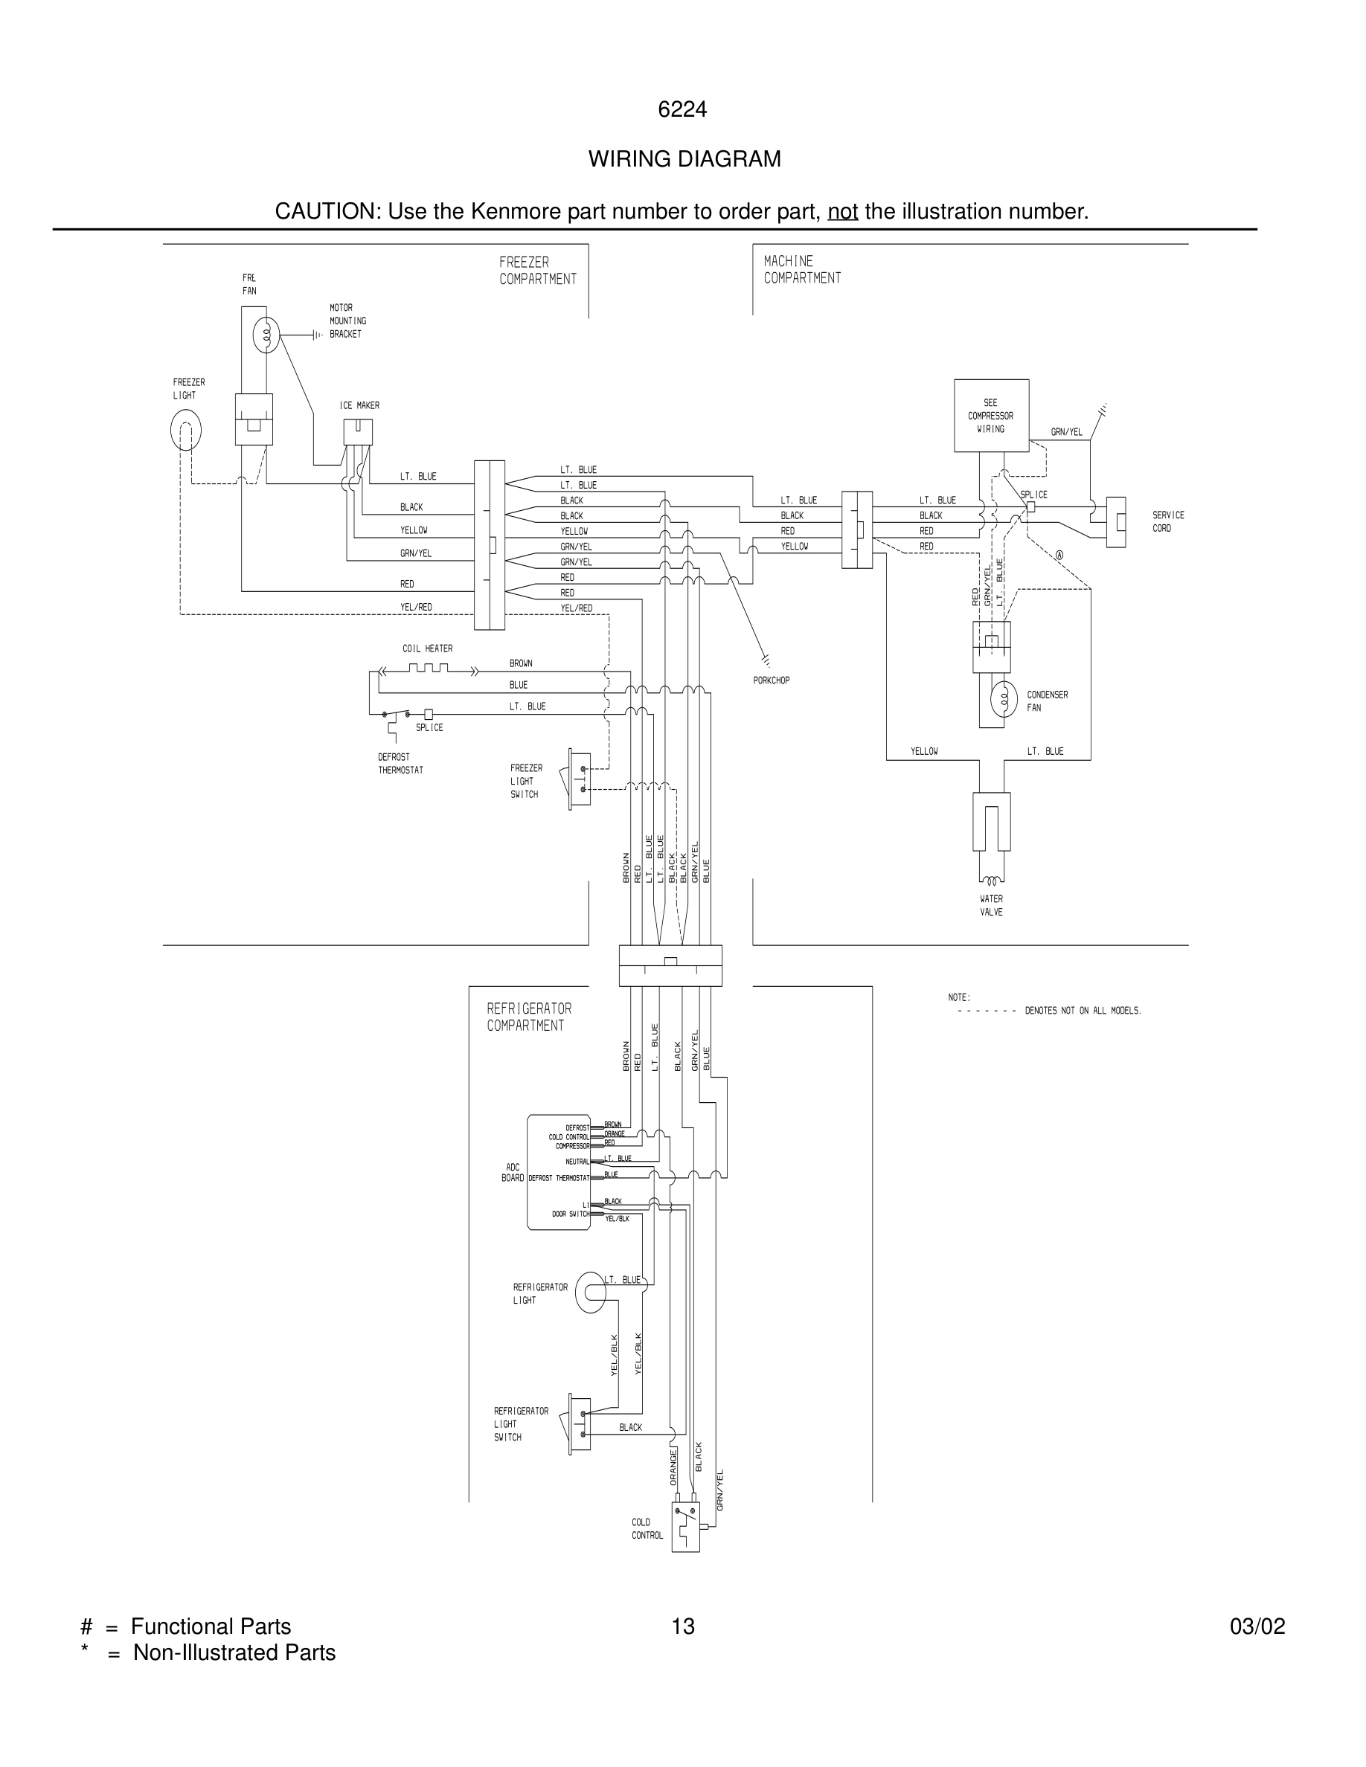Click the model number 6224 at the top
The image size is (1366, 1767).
coord(682,109)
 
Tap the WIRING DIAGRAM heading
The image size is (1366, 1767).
coord(684,158)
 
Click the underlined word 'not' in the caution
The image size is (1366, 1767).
coord(841,211)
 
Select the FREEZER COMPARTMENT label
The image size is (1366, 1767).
coord(537,270)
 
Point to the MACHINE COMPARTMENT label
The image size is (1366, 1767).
coord(801,269)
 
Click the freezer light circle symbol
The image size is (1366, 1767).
coord(185,430)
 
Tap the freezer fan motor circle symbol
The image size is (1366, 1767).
coord(266,334)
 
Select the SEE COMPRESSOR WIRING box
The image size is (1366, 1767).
coord(990,416)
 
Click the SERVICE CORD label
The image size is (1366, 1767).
coord(1168,521)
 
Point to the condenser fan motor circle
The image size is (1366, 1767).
coord(1004,699)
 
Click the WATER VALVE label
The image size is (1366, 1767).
coord(990,905)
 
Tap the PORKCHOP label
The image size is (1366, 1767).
coord(770,680)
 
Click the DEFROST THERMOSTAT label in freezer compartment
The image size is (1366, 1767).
coord(400,764)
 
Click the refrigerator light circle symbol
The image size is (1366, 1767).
coord(591,1292)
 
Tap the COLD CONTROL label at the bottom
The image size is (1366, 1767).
coord(647,1528)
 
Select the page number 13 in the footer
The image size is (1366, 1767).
coord(682,1626)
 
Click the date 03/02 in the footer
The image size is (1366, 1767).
coord(1257,1626)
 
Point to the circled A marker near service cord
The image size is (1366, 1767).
coord(1059,555)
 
